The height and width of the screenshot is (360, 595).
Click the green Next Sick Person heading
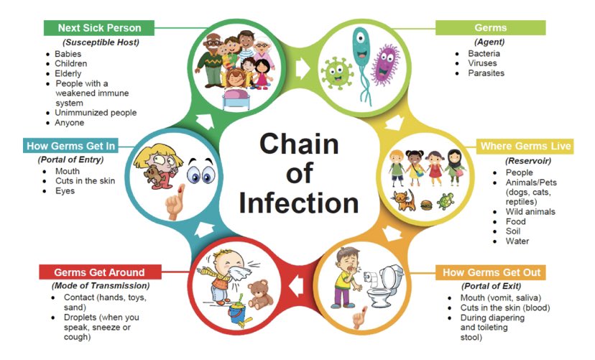(x=99, y=28)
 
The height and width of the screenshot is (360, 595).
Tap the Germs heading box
(x=490, y=28)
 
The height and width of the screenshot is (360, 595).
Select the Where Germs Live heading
(x=525, y=147)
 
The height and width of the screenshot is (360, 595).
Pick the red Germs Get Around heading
(x=99, y=272)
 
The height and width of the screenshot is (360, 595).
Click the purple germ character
(x=387, y=65)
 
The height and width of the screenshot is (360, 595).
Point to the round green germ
(x=336, y=74)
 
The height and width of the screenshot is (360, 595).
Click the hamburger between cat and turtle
(x=425, y=203)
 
